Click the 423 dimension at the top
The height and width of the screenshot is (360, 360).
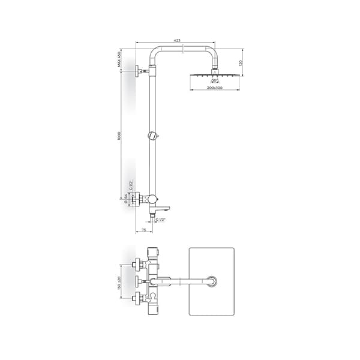177,40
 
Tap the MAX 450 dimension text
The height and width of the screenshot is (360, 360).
120,59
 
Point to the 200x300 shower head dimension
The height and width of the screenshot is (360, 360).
214,88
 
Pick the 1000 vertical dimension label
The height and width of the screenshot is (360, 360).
120,137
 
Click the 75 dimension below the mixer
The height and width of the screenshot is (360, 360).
143,230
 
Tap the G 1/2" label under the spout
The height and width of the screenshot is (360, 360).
160,220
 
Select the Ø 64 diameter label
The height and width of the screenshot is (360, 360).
126,200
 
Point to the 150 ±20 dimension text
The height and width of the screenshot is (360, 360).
120,280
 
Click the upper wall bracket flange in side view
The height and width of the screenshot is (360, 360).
139,70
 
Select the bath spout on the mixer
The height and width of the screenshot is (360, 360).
162,208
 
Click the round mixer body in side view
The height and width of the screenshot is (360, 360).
152,199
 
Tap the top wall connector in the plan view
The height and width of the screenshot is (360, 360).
139,262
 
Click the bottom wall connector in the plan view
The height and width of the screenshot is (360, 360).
139,296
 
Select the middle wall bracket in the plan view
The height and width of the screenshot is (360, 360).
139,280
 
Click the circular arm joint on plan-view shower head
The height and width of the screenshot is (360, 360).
212,281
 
